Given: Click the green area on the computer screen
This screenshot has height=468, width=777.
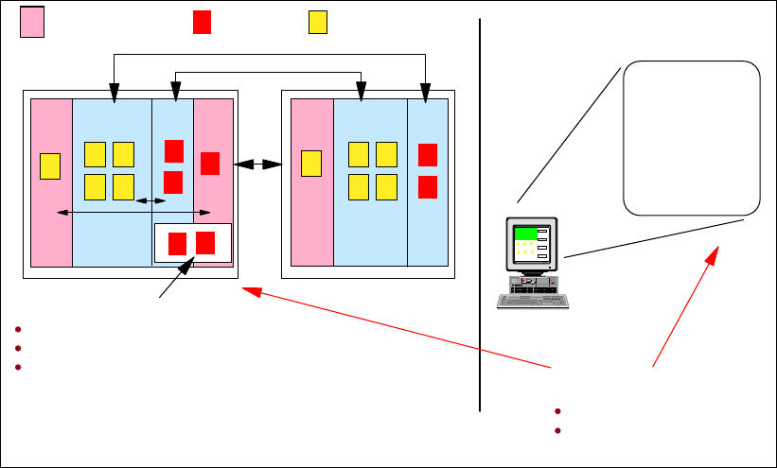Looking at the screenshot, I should tap(525, 234).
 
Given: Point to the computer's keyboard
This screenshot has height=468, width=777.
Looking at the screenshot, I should tap(533, 302).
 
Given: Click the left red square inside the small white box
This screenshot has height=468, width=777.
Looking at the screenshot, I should tap(177, 243).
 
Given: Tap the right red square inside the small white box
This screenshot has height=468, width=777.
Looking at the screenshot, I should tap(205, 242).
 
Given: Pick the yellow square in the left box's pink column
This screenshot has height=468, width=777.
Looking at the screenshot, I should tap(50, 165).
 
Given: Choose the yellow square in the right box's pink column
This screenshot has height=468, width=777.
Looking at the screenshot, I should tap(310, 163).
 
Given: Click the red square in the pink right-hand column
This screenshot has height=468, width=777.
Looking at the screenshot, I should tap(210, 163).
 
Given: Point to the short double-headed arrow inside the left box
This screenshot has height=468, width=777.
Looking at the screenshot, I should tap(150, 200).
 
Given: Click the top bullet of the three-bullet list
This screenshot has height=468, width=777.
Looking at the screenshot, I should tap(18, 328).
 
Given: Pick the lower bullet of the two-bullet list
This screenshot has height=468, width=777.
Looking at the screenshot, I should tap(559, 430).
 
